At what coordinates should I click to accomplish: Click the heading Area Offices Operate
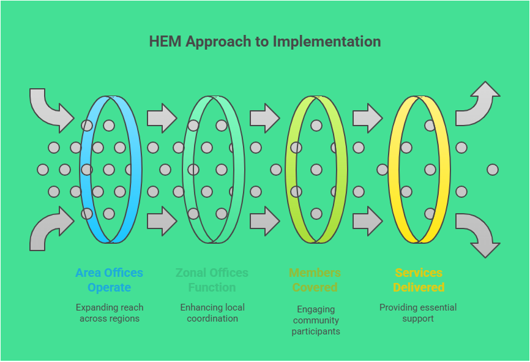tap(110, 280)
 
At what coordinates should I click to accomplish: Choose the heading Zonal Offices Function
tap(212, 280)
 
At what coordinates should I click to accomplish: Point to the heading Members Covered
tap(315, 280)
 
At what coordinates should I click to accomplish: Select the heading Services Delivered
tap(419, 280)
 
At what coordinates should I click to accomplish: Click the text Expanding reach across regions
tap(110, 313)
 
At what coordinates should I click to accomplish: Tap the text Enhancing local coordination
tap(212, 313)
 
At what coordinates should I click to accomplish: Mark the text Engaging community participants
tap(315, 320)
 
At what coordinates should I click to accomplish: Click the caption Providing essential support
tap(419, 313)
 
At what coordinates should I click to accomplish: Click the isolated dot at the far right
tap(493, 170)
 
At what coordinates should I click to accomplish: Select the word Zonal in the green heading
tap(192, 273)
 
